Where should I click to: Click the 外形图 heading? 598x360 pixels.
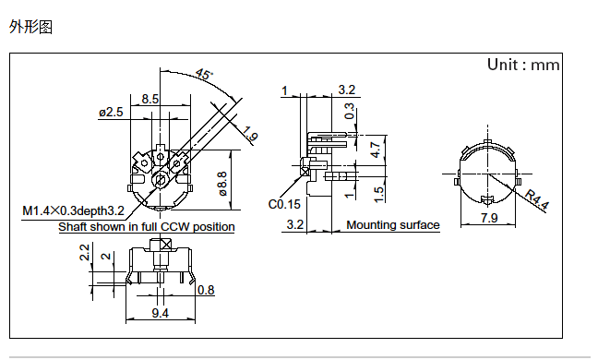pyautogui.click(x=30, y=27)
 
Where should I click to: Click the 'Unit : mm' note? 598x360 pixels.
pyautogui.click(x=523, y=65)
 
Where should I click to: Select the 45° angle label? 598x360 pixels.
pyautogui.click(x=204, y=74)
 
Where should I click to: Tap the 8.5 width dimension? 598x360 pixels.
pyautogui.click(x=149, y=99)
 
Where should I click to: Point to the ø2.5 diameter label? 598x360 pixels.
pyautogui.click(x=111, y=112)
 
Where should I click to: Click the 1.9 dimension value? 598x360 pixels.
pyautogui.click(x=250, y=134)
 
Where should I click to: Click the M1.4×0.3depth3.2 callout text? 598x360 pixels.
pyautogui.click(x=74, y=210)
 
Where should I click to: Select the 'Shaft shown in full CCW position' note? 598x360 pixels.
pyautogui.click(x=147, y=227)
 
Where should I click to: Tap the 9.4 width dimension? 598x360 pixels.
pyautogui.click(x=161, y=313)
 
